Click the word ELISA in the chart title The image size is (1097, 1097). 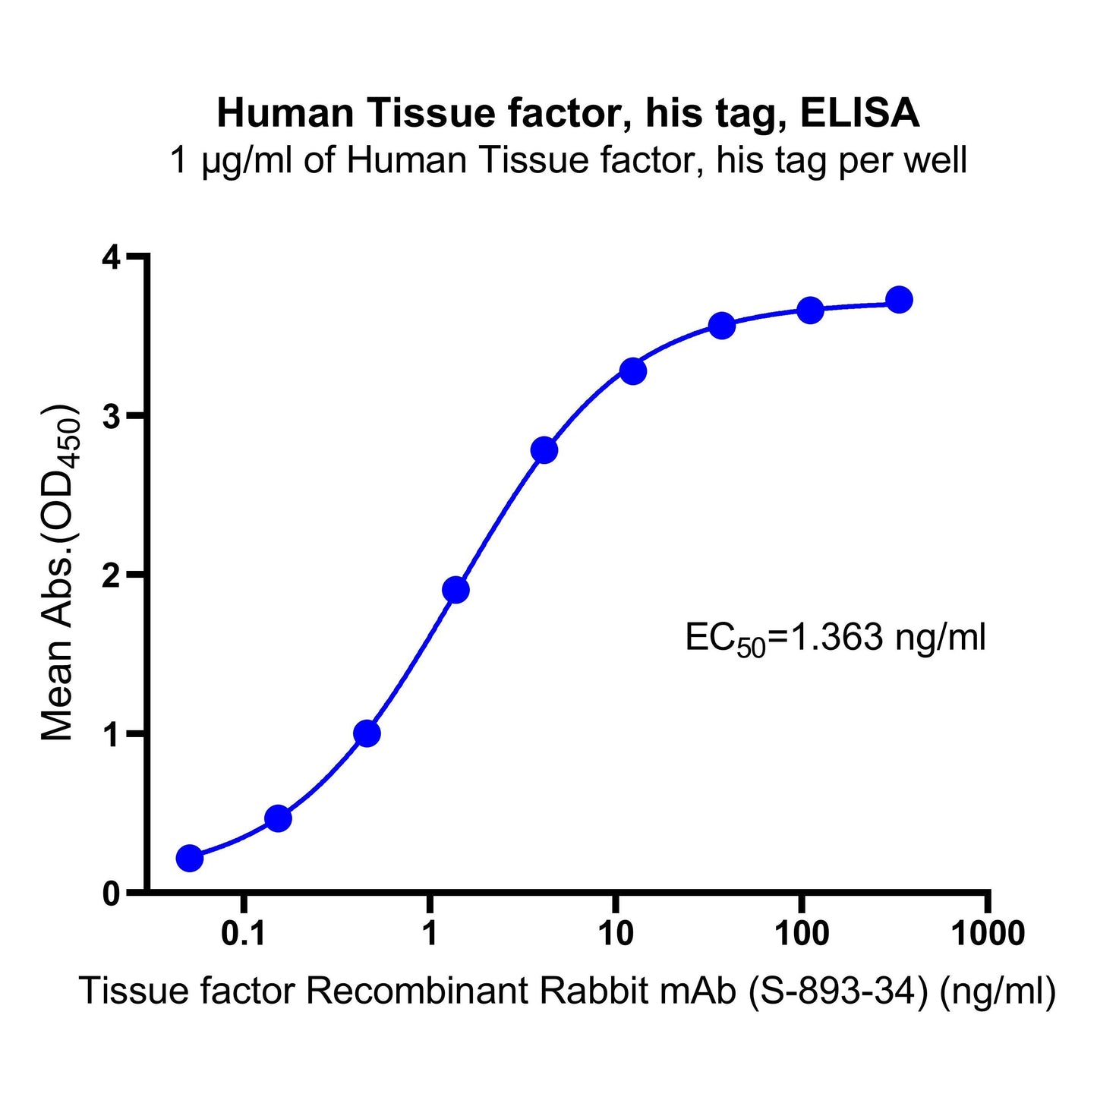860,114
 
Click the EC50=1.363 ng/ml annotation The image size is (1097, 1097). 835,638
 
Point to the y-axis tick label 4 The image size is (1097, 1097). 111,258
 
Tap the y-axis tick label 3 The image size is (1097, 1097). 111,417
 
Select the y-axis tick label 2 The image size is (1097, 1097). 111,575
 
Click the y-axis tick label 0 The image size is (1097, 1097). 111,894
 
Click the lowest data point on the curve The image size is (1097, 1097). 190,859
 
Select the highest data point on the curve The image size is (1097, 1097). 899,300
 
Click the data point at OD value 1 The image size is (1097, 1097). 367,733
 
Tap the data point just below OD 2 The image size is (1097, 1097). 456,590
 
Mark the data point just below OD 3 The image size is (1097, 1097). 544,450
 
